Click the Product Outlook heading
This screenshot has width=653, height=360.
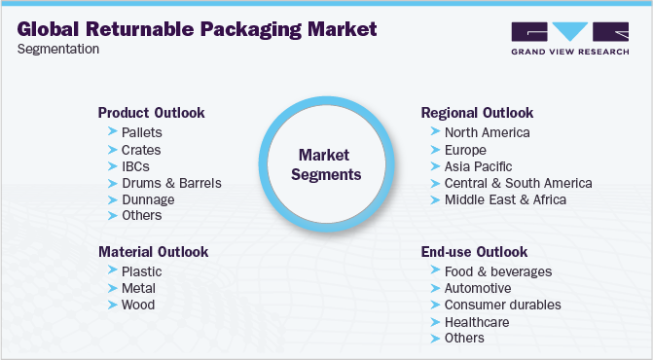coord(151,113)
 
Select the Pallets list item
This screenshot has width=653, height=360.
coord(142,132)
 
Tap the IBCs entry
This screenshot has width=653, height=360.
coord(135,166)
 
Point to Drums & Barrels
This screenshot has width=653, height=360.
coord(171,183)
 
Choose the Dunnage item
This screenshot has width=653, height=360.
coord(148,199)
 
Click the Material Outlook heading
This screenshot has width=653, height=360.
coord(153,252)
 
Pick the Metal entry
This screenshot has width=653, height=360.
coord(139,288)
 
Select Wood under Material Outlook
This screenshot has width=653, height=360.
coord(138,305)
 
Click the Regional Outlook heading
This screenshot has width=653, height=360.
coord(477,113)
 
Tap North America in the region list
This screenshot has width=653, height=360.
coord(487,132)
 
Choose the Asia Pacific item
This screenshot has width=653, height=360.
coord(478,166)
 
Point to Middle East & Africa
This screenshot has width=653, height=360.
coord(504,199)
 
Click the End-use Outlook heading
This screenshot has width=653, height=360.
coord(474,252)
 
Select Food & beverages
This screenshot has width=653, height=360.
coord(497,271)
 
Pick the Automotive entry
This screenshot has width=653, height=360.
coord(477,288)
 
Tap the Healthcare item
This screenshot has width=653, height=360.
coord(476,321)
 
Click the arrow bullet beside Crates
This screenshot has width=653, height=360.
coord(112,150)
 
